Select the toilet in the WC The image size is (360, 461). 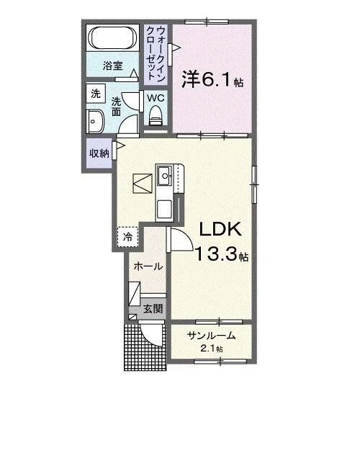[x=155, y=115]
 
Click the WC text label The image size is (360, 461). [x=156, y=97]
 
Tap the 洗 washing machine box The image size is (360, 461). [x=95, y=93]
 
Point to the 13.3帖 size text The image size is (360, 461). [x=222, y=254]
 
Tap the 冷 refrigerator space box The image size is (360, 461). [x=127, y=235]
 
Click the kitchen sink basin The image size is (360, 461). [x=165, y=174]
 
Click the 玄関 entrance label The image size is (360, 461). [x=152, y=308]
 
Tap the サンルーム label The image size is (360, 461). [x=211, y=336]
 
